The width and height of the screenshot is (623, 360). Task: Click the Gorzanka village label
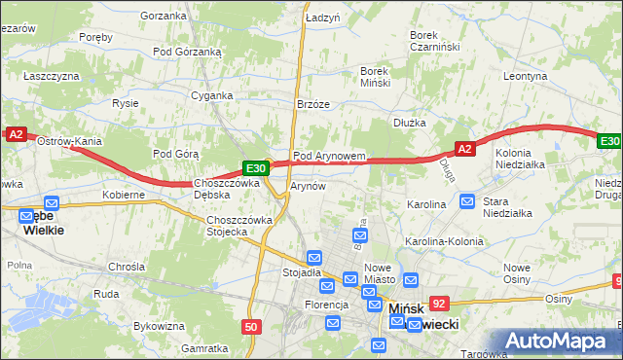(163, 16)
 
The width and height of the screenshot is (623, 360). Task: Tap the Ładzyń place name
(322, 18)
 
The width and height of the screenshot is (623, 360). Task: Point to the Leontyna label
(528, 75)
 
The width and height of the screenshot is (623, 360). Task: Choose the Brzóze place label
(313, 105)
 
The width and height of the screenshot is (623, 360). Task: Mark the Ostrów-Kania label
(69, 141)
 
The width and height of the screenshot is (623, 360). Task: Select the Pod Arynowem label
(329, 156)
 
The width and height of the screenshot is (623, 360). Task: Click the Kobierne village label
(125, 195)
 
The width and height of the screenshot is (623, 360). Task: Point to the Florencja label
(325, 305)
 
